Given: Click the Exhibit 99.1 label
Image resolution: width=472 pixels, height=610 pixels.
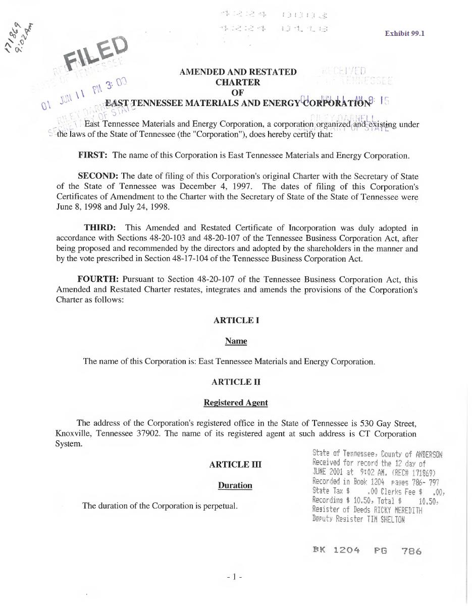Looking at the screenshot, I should (404, 33).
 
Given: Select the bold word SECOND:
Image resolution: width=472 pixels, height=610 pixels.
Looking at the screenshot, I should (98, 176).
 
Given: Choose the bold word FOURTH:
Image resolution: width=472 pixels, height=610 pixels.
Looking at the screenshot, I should (98, 279).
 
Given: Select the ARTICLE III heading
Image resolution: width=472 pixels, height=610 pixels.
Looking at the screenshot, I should (235, 465).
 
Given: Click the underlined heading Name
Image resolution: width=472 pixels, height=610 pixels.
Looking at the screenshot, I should (236, 341).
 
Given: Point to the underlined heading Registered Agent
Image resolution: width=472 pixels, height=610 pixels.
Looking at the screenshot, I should (235, 403).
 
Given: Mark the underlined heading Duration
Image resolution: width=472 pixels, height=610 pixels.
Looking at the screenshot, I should (235, 486).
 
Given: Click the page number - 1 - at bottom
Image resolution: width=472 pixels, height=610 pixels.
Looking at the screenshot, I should (235, 576).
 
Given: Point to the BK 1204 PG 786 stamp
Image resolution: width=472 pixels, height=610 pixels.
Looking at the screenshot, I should (367, 550).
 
